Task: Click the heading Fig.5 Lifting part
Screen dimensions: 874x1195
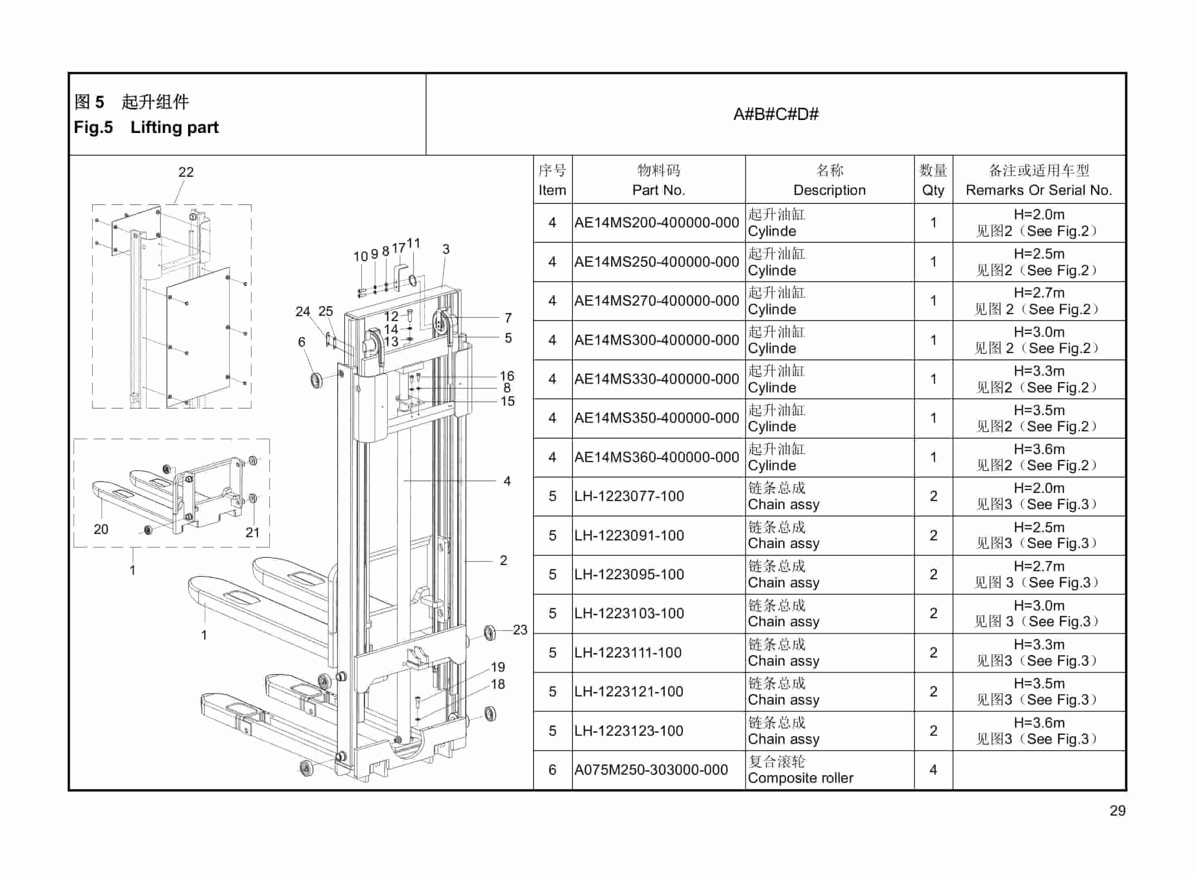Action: [x=146, y=128]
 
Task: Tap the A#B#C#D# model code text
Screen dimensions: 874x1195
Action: [x=775, y=114]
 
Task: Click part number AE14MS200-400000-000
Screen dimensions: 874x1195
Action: [x=657, y=223]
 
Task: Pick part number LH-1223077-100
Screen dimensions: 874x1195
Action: [x=629, y=496]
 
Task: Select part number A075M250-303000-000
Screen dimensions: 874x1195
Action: [x=651, y=770]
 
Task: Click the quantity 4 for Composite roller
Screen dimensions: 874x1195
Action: [x=933, y=770]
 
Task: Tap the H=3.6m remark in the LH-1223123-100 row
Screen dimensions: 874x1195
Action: [x=1039, y=723]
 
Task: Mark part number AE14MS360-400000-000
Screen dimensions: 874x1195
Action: [x=657, y=457]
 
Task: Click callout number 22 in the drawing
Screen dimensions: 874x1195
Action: [x=186, y=172]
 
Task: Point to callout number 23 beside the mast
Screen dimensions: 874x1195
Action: [x=520, y=630]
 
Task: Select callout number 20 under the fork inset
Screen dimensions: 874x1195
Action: [x=101, y=529]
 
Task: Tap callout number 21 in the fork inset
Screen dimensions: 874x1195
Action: [x=252, y=532]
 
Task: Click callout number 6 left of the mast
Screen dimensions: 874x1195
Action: [x=302, y=342]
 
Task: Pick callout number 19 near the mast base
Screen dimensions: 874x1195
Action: [x=498, y=667]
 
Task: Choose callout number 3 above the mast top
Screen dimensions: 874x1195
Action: [x=446, y=249]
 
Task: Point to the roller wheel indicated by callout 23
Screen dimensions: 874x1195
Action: [x=490, y=632]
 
